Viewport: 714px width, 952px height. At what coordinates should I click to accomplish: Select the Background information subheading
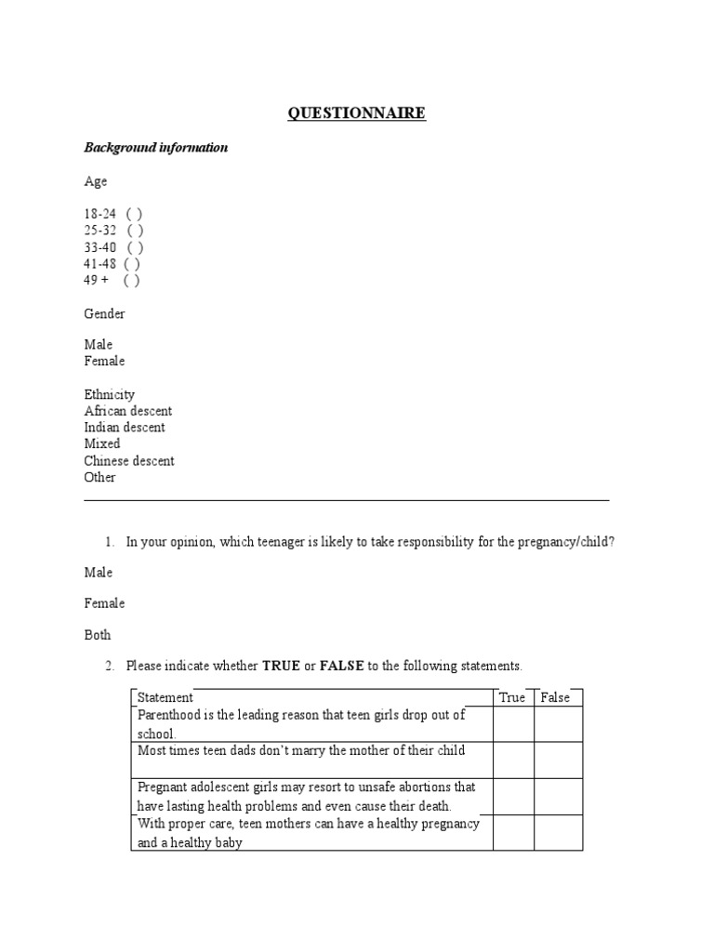click(156, 148)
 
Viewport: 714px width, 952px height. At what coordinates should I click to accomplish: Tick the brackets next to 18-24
click(134, 214)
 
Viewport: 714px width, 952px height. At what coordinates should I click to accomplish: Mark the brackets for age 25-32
click(135, 231)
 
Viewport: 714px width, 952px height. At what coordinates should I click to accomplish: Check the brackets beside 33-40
click(135, 247)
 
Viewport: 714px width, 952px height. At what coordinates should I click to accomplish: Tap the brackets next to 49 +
click(131, 280)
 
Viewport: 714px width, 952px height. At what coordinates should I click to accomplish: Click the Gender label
click(104, 314)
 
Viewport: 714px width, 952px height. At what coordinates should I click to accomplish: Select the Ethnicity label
click(109, 394)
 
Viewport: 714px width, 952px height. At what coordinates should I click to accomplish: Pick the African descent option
click(127, 411)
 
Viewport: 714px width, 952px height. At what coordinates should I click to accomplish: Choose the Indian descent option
click(125, 428)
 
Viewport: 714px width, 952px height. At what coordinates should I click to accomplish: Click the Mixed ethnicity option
click(102, 444)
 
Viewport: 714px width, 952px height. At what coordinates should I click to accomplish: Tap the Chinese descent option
click(129, 461)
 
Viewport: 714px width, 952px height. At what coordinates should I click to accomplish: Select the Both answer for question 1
click(98, 635)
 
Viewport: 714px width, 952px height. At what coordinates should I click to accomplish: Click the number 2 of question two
click(109, 666)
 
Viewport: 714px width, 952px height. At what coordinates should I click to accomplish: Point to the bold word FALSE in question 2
click(342, 666)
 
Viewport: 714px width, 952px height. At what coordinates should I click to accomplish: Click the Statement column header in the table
click(165, 697)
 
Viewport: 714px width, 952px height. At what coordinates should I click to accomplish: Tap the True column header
click(512, 697)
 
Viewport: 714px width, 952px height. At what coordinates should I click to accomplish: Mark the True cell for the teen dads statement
click(513, 760)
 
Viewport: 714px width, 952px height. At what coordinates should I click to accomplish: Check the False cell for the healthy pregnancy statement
click(558, 833)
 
